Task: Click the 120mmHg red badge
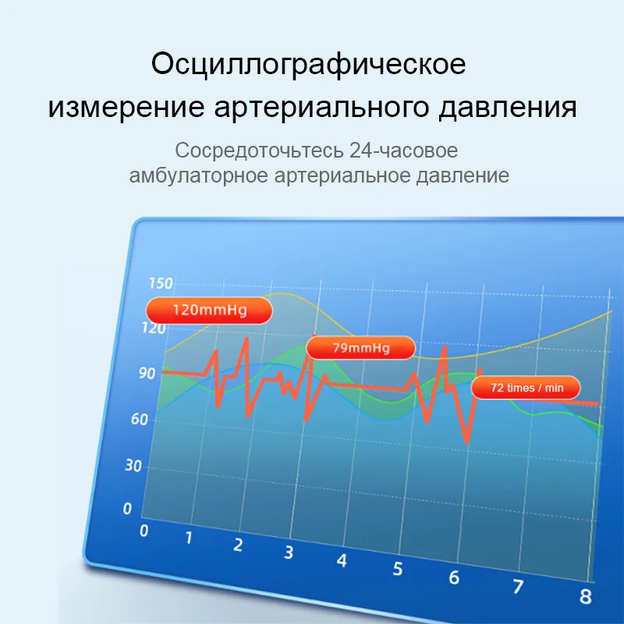pos(209,310)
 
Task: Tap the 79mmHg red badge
pos(360,348)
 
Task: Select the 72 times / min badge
pos(526,388)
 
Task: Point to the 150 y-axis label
pos(161,283)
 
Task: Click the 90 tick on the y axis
pos(147,374)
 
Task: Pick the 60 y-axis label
pos(140,419)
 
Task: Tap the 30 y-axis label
pos(133,465)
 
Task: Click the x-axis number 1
pos(189,537)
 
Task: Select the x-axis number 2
pos(238,544)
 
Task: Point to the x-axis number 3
pos(289,552)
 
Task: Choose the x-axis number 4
pos(342,561)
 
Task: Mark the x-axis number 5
pos(398,569)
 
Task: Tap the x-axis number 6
pos(454,578)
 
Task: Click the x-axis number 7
pos(518,587)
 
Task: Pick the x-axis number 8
pos(586,597)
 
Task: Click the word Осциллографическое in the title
pos(308,64)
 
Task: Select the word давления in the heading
pos(508,108)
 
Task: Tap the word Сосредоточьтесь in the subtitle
pos(259,151)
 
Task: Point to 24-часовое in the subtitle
pos(403,151)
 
